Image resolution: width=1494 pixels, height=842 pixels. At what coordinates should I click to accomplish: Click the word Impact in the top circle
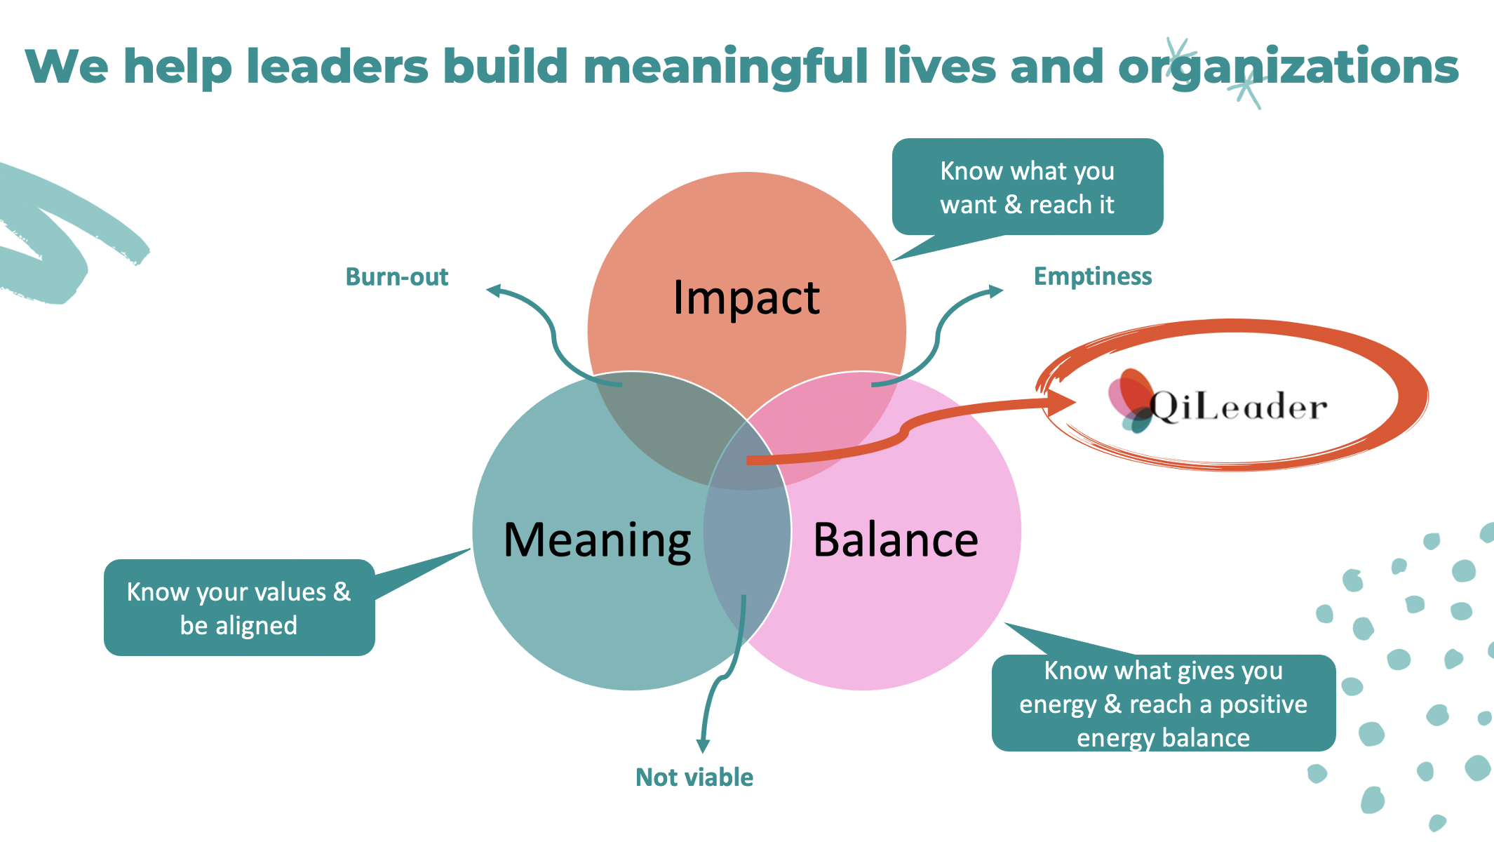(746, 298)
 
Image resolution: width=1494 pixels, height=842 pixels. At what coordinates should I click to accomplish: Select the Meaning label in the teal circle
(598, 540)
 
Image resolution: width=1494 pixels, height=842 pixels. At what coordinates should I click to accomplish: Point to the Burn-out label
(397, 277)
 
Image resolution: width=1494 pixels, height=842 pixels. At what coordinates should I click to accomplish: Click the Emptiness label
(1093, 276)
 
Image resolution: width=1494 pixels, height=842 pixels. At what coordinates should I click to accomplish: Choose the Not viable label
(694, 777)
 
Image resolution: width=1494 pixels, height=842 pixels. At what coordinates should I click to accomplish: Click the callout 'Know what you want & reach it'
(1027, 187)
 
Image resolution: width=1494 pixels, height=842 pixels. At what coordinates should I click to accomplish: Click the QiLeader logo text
(1239, 406)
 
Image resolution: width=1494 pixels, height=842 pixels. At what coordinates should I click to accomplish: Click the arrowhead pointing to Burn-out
(494, 290)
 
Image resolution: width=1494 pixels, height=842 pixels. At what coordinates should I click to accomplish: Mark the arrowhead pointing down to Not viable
(703, 746)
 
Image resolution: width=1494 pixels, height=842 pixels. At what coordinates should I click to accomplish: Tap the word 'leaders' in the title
(337, 67)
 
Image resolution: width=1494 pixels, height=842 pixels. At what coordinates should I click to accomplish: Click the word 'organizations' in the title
(1288, 67)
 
